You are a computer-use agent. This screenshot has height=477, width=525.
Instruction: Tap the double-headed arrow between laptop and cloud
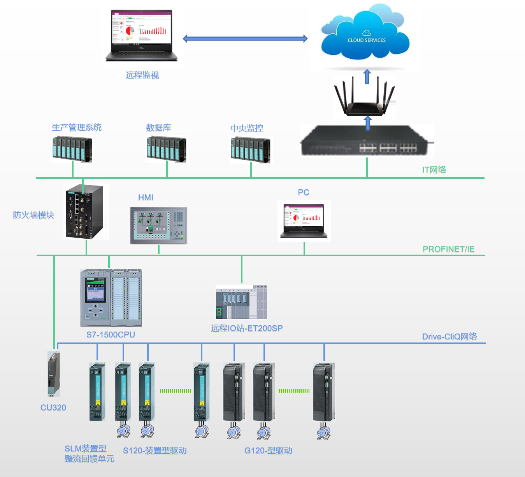coord(245,38)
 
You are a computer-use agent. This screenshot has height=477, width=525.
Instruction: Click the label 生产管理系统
coord(77,128)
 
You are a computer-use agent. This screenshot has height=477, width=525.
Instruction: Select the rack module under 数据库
coord(166,149)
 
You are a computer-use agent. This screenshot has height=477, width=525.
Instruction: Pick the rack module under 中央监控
coord(250,150)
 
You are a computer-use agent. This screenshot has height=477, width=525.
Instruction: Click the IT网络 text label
coord(434,169)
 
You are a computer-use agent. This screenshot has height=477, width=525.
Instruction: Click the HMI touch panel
coord(158,225)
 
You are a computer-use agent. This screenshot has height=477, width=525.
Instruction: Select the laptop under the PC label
coord(304,220)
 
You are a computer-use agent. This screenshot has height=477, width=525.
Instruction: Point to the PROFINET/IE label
coord(448,249)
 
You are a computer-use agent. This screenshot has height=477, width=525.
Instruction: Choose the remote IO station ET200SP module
coord(241,302)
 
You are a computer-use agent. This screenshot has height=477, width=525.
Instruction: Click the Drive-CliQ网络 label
coord(449,337)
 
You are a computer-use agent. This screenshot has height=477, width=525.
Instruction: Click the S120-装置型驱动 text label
coord(155,451)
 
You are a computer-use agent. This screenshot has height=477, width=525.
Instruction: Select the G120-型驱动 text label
coord(268,451)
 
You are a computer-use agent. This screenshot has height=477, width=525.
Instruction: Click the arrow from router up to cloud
coord(367,77)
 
